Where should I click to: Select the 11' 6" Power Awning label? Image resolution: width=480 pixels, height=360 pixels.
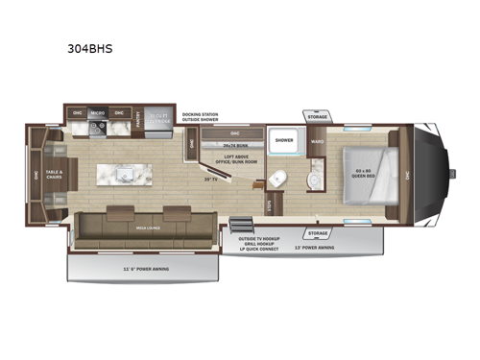click(x=147, y=269)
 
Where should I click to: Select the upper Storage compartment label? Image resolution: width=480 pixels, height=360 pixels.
click(x=318, y=117)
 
